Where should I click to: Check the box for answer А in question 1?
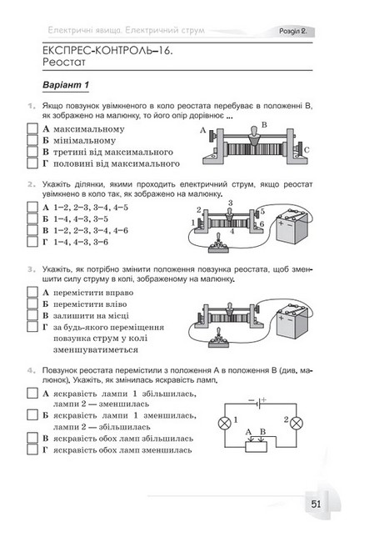pyautogui.click(x=32, y=128)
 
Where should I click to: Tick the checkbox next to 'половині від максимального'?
pyautogui.click(x=32, y=163)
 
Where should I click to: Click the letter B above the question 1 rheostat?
pyautogui.click(x=264, y=125)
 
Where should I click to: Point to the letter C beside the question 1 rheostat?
pyautogui.click(x=307, y=150)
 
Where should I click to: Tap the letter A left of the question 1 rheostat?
pyautogui.click(x=203, y=130)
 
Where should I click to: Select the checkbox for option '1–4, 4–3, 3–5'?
pyautogui.click(x=32, y=218)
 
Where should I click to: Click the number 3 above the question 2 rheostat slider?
pyautogui.click(x=230, y=203)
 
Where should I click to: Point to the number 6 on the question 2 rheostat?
pyautogui.click(x=262, y=224)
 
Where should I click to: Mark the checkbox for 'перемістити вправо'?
pyautogui.click(x=32, y=292)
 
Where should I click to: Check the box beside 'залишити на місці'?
pyautogui.click(x=32, y=315)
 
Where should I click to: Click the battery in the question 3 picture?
pyautogui.click(x=292, y=320)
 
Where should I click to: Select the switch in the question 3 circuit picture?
pyautogui.click(x=218, y=339)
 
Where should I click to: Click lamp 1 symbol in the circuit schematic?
pyautogui.click(x=224, y=423)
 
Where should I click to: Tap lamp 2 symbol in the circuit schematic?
pyautogui.click(x=297, y=423)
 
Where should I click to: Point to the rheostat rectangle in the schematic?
pyautogui.click(x=256, y=447)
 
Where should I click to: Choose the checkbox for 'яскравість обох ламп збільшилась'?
pyautogui.click(x=32, y=438)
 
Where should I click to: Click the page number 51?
pyautogui.click(x=316, y=504)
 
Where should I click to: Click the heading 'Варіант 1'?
pyautogui.click(x=66, y=85)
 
